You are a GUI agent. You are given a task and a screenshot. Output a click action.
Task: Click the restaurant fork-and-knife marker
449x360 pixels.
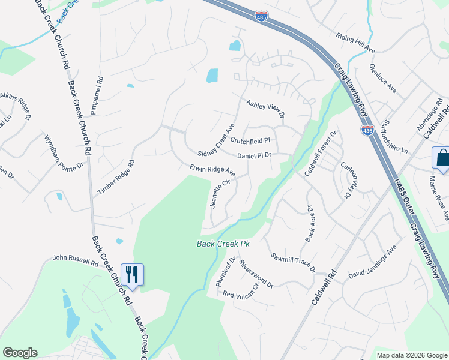click(x=131, y=275)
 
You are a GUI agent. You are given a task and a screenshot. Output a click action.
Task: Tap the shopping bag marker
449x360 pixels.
click(x=441, y=158)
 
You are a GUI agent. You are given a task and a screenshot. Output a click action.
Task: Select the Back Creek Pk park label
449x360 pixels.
click(x=223, y=244)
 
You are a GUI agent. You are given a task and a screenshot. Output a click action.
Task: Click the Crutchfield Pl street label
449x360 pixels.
click(x=251, y=140)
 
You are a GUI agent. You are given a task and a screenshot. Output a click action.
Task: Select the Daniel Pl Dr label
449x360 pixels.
click(x=255, y=155)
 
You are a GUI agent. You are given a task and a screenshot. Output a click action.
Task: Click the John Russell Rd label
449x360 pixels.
click(x=75, y=261)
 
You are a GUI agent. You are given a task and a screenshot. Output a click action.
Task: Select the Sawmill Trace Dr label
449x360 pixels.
click(x=294, y=262)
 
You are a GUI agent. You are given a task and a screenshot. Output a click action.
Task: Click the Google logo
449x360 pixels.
click(x=20, y=353)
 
